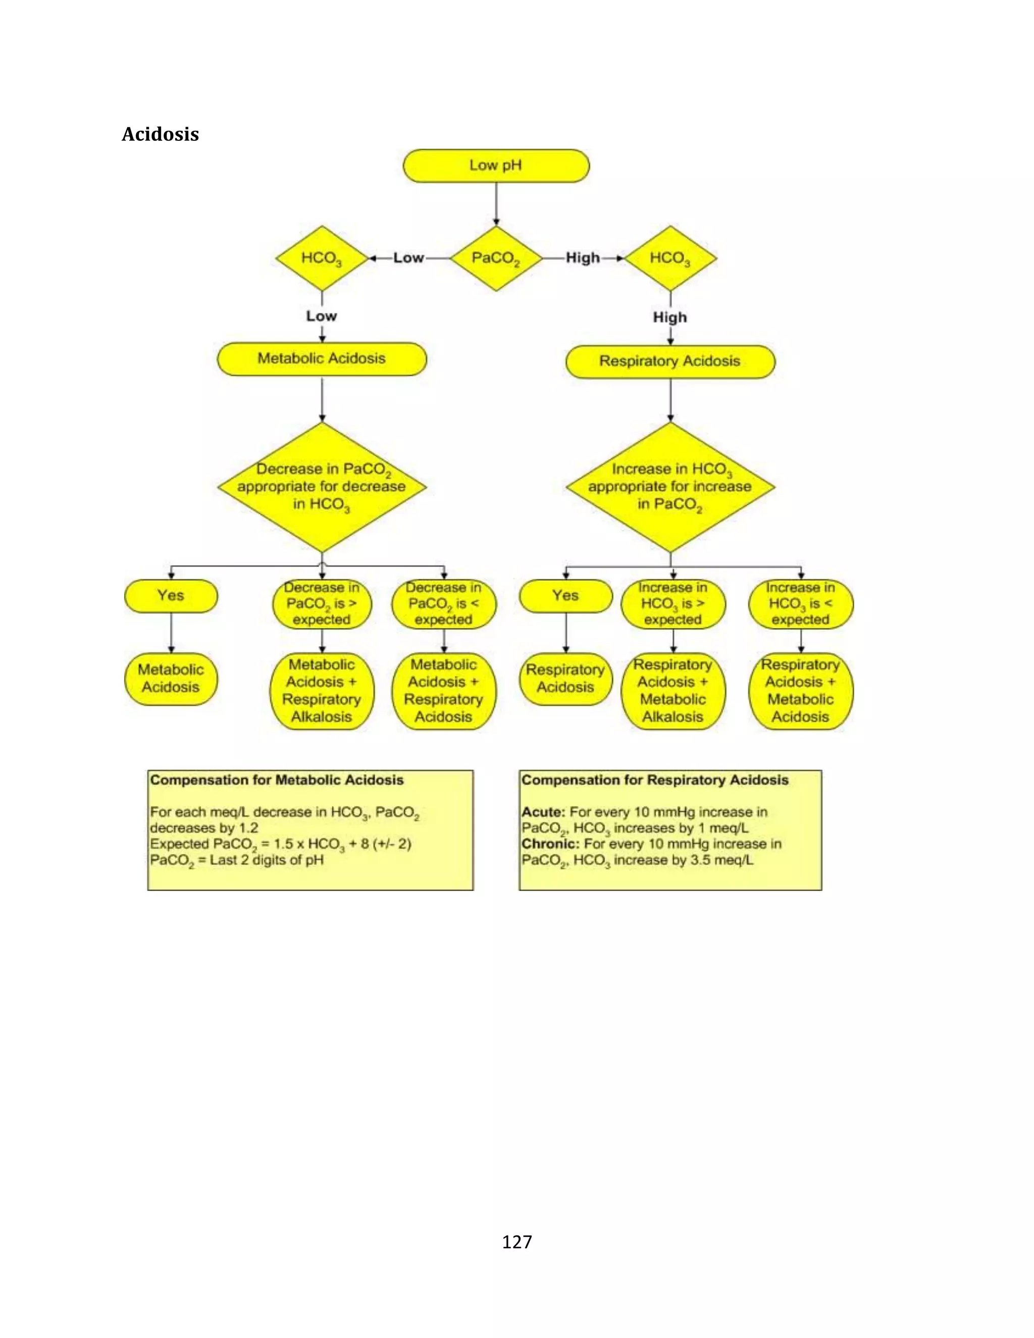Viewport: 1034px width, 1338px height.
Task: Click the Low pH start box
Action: (496, 166)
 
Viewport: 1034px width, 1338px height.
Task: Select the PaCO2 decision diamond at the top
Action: (496, 258)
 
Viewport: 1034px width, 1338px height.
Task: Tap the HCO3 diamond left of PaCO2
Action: (322, 258)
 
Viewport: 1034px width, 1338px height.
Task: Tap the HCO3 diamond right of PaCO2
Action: (670, 258)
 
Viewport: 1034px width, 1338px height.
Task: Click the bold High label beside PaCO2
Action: (583, 258)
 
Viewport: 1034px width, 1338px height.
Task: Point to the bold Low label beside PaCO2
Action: (408, 258)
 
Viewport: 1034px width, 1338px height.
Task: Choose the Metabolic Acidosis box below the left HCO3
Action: (322, 358)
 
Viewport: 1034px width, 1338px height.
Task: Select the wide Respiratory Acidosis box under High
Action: (670, 362)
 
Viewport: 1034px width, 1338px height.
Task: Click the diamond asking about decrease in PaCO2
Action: (322, 487)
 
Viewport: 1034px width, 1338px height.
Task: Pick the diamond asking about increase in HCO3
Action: (670, 487)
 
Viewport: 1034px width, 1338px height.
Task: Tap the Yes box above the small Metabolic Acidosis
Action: (171, 595)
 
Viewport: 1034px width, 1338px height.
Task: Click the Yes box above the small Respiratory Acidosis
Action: (565, 595)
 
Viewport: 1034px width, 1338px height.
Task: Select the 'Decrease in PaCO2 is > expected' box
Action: (322, 604)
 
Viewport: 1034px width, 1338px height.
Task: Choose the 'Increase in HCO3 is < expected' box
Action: (801, 604)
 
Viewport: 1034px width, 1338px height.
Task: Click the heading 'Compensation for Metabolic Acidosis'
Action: (277, 780)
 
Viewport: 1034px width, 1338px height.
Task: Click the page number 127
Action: (517, 1242)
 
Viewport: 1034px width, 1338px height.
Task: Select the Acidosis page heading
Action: (160, 134)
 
